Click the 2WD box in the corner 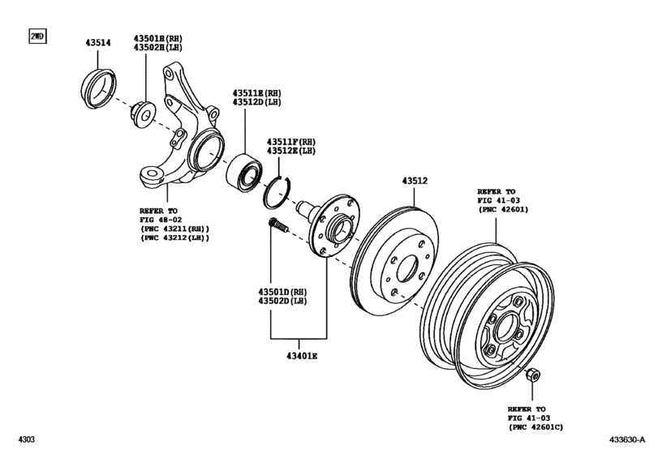(x=37, y=37)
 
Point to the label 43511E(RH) (x=257, y=93)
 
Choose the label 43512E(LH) (x=286, y=151)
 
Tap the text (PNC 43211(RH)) (x=174, y=229)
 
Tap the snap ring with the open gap (x=277, y=192)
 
